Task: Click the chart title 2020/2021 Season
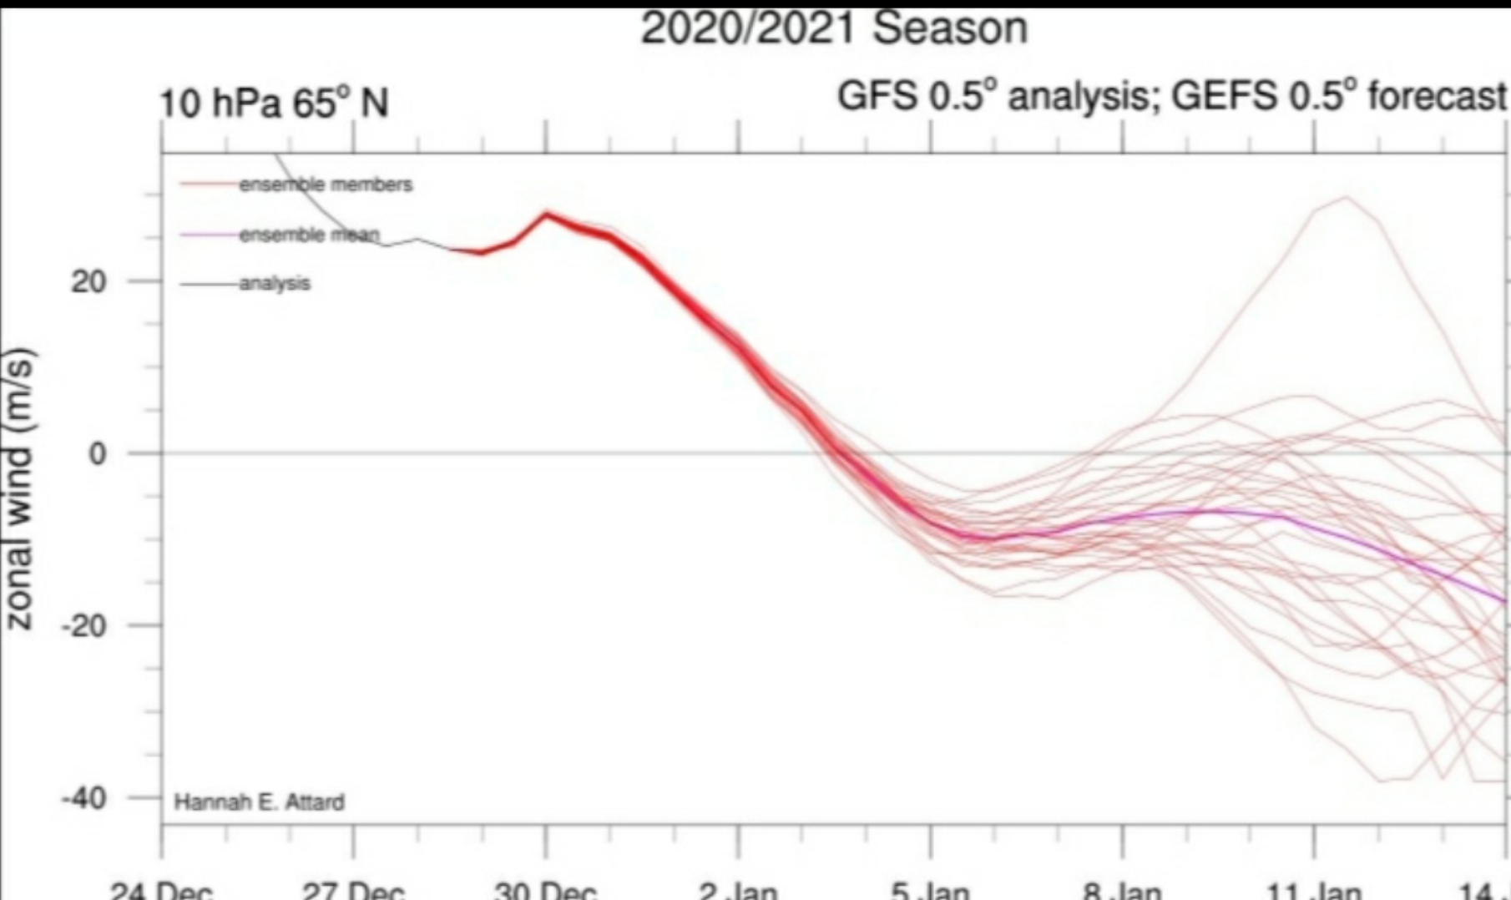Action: [833, 28]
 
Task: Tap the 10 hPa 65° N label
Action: [274, 104]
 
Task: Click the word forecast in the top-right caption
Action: [1437, 96]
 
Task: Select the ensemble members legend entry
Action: [325, 185]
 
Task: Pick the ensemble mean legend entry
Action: [309, 235]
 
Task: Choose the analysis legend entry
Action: [275, 284]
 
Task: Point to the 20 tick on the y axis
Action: [88, 281]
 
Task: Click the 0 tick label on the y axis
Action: [99, 454]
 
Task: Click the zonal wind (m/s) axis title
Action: [20, 488]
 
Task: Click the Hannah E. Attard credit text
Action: [259, 802]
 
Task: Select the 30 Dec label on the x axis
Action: [545, 890]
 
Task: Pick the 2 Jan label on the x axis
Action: [738, 890]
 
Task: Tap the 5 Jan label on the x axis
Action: [930, 890]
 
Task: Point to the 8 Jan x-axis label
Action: [1122, 890]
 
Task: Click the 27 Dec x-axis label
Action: [353, 890]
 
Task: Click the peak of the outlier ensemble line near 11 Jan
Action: [1344, 197]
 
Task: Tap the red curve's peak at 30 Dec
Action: [547, 214]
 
